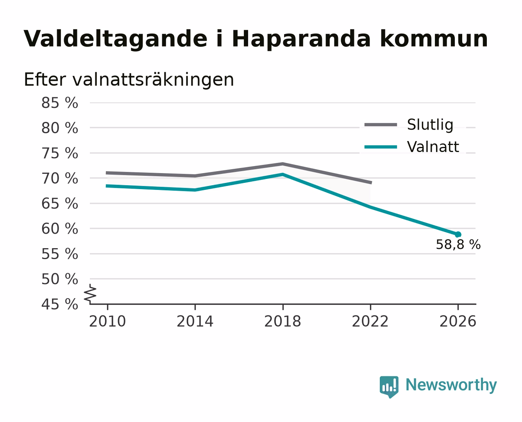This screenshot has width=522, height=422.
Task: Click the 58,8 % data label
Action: [x=458, y=245]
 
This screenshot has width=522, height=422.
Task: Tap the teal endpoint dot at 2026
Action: [x=458, y=234]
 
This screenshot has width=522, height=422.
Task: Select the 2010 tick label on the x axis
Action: [x=107, y=322]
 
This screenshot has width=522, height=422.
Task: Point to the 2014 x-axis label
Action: [x=195, y=322]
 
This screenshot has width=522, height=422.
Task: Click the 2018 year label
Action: [x=282, y=322]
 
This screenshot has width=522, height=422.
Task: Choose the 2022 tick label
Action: [x=370, y=322]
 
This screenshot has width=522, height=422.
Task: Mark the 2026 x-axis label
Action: [x=458, y=322]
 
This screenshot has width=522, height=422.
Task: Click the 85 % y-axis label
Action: [x=59, y=103]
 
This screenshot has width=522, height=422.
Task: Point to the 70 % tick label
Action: [x=59, y=179]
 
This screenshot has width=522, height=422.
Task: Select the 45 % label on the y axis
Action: [x=59, y=304]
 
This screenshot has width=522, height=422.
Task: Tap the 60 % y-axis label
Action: [x=59, y=229]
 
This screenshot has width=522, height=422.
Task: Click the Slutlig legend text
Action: [x=430, y=125]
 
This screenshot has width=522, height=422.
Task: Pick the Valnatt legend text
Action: [x=433, y=147]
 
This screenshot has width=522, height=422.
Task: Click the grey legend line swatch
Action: [x=381, y=125]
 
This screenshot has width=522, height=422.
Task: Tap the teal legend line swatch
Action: [x=381, y=147]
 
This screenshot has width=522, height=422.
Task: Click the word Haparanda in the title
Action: [x=301, y=39]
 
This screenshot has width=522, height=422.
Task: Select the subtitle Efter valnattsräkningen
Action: [x=129, y=80]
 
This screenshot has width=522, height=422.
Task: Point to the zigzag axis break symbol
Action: [x=90, y=294]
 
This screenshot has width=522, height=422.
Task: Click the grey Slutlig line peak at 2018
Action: [x=282, y=164]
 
